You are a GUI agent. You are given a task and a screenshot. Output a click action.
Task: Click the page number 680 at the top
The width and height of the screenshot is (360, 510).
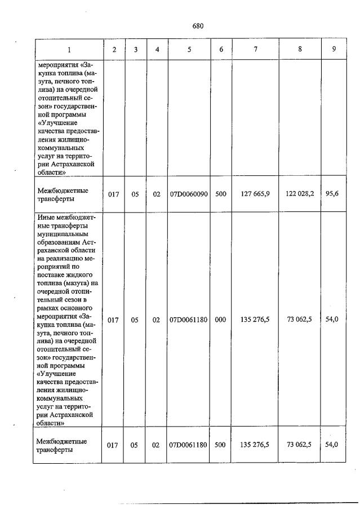197,26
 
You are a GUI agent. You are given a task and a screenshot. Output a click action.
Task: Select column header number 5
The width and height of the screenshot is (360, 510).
189,50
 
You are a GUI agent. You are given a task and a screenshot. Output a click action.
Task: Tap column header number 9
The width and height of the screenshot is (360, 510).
334,50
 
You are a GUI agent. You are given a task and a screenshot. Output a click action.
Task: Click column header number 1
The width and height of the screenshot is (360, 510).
69,50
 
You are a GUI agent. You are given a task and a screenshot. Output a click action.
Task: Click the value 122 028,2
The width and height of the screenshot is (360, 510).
299,194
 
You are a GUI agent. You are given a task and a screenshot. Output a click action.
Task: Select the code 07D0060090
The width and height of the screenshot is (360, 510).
189,194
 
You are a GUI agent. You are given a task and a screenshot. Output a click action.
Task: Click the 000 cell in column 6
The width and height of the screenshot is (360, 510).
221,320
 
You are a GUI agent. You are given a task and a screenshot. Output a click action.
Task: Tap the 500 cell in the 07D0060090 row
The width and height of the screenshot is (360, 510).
221,194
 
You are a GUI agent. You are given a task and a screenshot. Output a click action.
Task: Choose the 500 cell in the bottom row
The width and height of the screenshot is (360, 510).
221,445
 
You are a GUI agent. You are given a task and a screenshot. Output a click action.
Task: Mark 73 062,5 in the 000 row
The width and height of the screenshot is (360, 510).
299,320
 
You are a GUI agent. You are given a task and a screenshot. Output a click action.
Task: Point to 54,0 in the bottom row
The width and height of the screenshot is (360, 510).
332,445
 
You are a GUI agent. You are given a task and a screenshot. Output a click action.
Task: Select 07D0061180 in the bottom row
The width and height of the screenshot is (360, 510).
189,445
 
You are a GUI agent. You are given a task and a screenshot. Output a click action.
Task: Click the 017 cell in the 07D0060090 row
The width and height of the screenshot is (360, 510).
113,194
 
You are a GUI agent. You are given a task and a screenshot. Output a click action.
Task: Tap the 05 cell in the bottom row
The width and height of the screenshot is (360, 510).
135,445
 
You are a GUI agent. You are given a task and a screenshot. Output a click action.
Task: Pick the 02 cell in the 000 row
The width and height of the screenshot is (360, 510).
157,320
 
